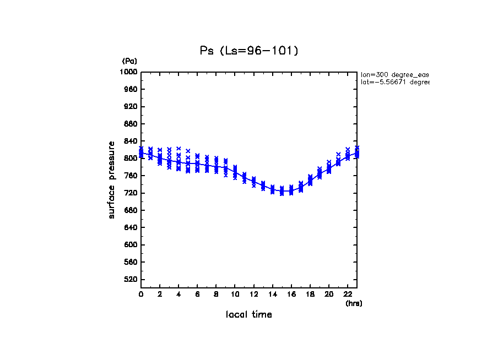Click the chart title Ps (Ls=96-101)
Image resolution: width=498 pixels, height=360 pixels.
(x=248, y=51)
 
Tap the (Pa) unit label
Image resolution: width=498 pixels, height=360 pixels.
(x=129, y=61)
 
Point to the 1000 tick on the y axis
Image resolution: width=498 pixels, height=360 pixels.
(x=129, y=72)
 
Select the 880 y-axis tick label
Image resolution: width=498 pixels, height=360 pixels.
(x=131, y=124)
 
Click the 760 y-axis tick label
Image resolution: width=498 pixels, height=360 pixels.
(x=131, y=176)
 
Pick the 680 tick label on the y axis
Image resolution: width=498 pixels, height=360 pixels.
(x=131, y=210)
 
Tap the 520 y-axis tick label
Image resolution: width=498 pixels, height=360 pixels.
(x=131, y=280)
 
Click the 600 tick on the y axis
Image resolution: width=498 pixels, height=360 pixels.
(x=131, y=245)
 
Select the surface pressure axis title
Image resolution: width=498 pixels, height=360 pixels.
(x=112, y=179)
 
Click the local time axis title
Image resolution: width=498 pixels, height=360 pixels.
(x=248, y=315)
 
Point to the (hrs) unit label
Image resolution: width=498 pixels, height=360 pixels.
(x=354, y=303)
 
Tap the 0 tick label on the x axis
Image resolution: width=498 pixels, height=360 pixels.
(x=141, y=294)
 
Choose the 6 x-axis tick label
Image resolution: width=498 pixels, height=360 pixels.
(x=197, y=294)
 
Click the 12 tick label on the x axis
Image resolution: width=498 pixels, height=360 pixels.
(x=253, y=294)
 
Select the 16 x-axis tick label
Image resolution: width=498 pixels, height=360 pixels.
(x=291, y=294)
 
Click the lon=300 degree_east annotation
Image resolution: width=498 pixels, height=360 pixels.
(x=394, y=74)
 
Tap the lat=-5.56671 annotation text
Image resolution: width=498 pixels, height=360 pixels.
(x=394, y=82)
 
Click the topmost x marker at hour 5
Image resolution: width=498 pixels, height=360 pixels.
(x=188, y=151)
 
